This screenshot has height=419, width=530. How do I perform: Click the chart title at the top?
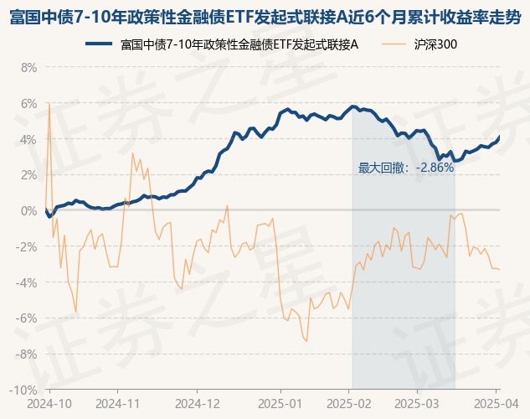(265, 15)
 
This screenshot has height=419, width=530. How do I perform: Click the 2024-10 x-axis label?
(49, 402)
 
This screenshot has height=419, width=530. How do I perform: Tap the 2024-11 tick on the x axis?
(118, 402)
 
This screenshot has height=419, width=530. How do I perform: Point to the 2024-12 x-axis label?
(197, 402)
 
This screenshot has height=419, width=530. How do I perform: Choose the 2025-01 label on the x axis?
(282, 402)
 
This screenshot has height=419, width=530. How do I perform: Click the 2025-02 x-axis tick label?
(350, 402)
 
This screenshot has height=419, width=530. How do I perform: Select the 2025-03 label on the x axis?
(420, 402)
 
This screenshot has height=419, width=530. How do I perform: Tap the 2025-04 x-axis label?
(496, 402)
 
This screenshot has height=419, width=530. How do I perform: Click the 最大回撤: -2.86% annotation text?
(405, 168)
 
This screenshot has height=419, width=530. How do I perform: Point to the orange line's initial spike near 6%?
(49, 103)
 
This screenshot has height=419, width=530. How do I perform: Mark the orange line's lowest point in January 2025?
(306, 340)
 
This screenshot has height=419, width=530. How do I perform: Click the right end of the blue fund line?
(500, 137)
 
